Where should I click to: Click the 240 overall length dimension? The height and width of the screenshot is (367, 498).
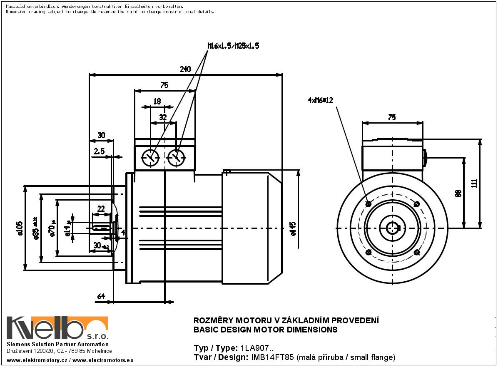point(185,69)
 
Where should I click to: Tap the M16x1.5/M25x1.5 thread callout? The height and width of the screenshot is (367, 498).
point(233,46)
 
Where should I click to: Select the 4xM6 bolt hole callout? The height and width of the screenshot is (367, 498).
point(321,100)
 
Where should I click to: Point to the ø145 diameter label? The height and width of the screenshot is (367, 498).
point(293,228)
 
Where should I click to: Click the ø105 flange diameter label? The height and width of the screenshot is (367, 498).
point(20,228)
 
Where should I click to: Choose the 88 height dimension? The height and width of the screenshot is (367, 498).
point(458,193)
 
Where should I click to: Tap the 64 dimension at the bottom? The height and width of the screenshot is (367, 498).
point(101,296)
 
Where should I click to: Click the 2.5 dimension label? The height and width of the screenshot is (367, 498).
point(99,152)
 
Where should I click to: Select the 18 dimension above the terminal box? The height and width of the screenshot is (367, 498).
point(157,101)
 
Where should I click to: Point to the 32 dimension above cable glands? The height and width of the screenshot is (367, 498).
point(163,117)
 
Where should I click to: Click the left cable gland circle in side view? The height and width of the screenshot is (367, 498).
point(150,158)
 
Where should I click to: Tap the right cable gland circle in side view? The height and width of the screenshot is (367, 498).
point(176,158)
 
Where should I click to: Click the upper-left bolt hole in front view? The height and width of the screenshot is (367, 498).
point(368,204)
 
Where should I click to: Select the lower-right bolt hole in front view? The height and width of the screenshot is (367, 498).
point(417,252)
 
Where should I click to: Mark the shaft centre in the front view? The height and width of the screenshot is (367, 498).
point(392,228)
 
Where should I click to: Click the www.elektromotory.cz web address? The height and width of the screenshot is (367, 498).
point(37,360)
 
